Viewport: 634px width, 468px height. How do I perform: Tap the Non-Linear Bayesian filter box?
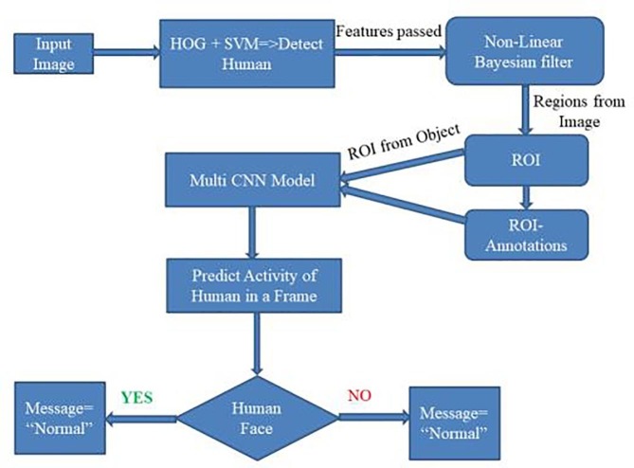(x=524, y=56)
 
